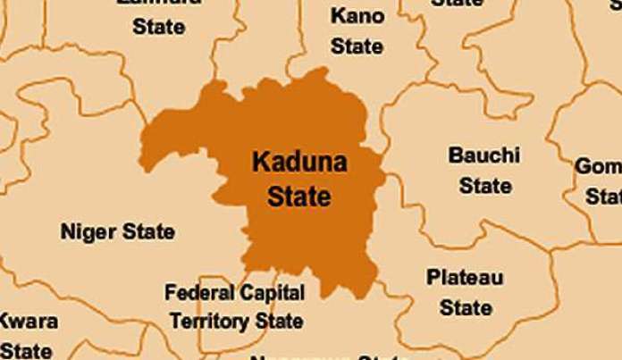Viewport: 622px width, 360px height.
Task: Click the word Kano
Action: pos(357,16)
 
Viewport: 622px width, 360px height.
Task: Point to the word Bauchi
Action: pos(484,156)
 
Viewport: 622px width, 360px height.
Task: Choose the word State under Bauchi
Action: pos(485,187)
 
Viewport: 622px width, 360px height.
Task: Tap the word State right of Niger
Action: pos(148,233)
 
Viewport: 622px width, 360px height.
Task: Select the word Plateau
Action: pos(465,278)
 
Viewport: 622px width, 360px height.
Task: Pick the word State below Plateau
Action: pos(466,308)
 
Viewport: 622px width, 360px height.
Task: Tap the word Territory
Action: pos(208,319)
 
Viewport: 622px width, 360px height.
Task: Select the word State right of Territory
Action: pos(278,319)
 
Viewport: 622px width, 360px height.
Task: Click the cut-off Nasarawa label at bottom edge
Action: pos(308,356)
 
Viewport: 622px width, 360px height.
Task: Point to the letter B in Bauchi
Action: pos(455,156)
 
